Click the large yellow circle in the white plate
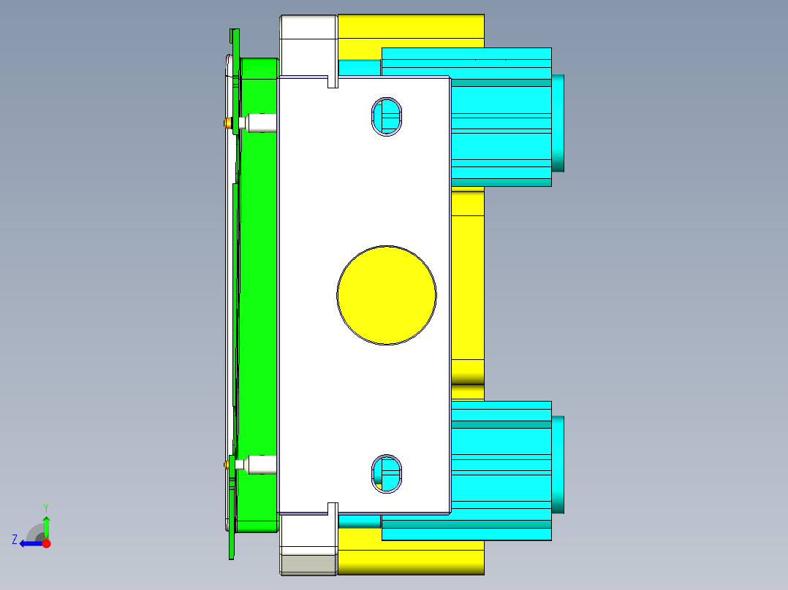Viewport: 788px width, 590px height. (x=387, y=295)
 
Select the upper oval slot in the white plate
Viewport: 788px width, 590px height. (x=387, y=117)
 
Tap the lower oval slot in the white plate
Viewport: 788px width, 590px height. (x=387, y=474)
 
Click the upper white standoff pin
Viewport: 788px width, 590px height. (x=258, y=123)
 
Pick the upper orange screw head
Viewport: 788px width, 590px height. (x=228, y=123)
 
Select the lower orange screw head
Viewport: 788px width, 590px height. (x=227, y=464)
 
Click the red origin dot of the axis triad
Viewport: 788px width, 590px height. (x=46, y=543)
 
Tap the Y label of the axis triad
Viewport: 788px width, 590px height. (x=46, y=507)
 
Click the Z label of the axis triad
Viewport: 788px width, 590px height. (x=15, y=540)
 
